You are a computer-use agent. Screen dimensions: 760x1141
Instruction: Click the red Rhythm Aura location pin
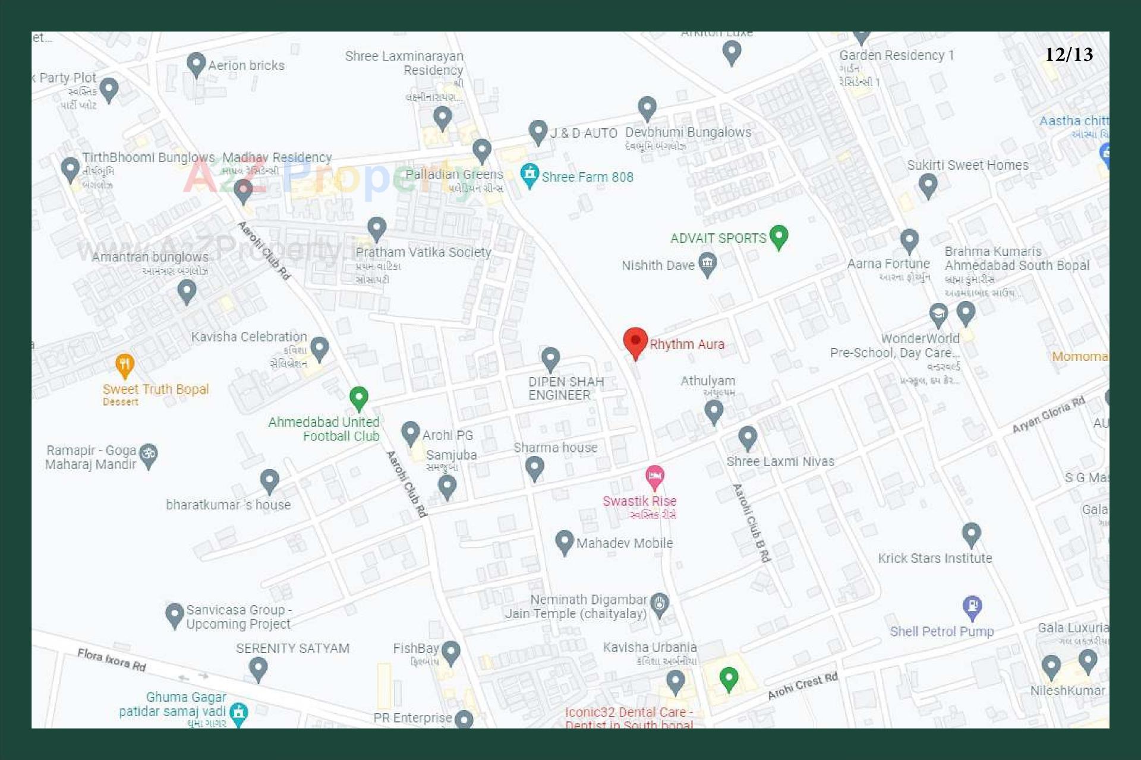point(635,341)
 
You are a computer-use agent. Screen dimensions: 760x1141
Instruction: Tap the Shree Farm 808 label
point(587,177)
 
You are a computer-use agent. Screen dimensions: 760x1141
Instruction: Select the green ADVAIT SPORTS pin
point(778,236)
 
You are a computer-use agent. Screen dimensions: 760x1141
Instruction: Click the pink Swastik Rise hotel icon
point(654,476)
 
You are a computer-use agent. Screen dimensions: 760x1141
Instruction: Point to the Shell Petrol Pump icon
point(972,606)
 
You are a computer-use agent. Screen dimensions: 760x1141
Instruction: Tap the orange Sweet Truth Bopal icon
point(124,365)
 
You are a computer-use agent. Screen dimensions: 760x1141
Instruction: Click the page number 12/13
point(1068,55)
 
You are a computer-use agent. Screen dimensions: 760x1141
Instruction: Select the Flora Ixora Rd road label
point(112,660)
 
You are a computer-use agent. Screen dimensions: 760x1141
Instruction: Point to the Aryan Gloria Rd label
point(1048,414)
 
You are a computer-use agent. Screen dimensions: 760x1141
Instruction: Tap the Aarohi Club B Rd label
point(752,522)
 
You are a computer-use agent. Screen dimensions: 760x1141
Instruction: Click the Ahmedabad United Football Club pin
point(358,398)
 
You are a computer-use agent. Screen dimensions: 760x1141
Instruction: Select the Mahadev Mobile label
point(624,543)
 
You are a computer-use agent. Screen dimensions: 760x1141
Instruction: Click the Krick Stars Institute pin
point(971,534)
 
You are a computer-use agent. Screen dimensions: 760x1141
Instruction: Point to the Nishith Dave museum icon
point(707,263)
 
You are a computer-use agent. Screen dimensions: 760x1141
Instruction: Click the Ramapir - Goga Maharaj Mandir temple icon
point(148,455)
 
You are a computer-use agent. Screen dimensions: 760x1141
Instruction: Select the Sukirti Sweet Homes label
point(967,165)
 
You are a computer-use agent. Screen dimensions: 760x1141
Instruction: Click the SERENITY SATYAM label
point(292,648)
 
